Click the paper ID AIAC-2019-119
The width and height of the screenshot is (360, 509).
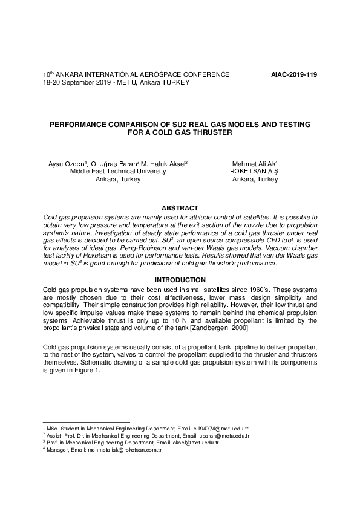pyautogui.click(x=295, y=75)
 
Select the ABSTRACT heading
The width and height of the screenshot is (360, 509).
pyautogui.click(x=180, y=208)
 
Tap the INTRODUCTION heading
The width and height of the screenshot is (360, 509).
pyautogui.click(x=180, y=280)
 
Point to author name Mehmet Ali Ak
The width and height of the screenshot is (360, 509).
pyautogui.click(x=254, y=164)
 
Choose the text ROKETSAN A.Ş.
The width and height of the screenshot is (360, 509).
pyautogui.click(x=255, y=172)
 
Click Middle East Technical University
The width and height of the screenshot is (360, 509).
pyautogui.click(x=118, y=172)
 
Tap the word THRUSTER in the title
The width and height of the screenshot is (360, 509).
pyautogui.click(x=208, y=132)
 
